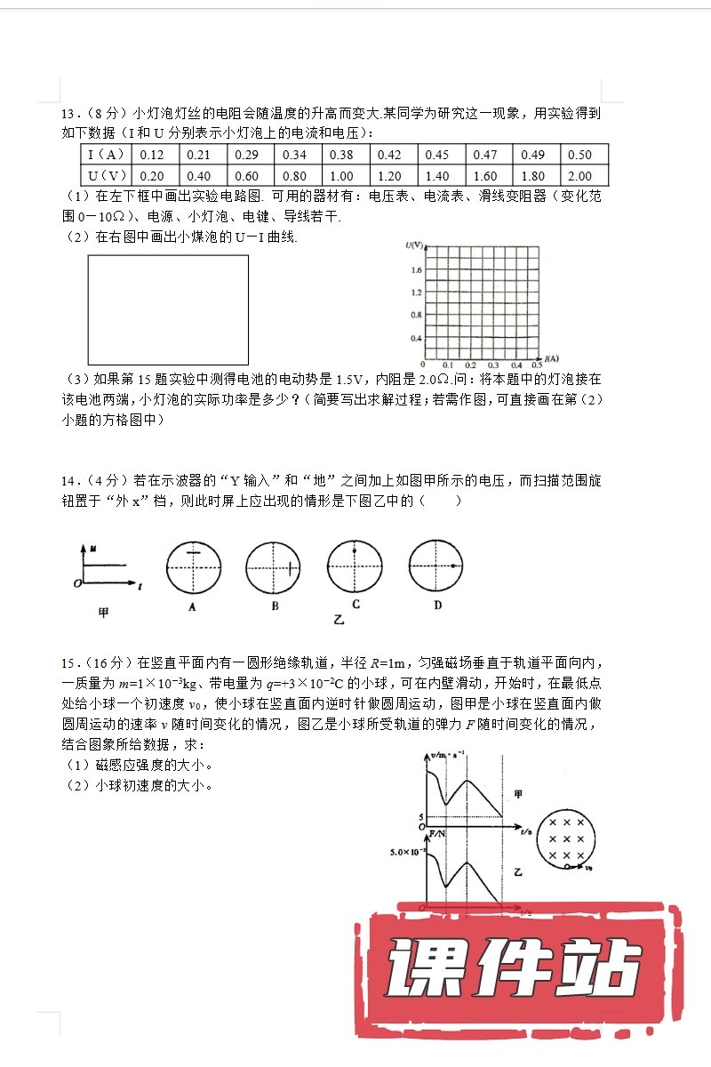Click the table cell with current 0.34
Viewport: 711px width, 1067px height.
294,155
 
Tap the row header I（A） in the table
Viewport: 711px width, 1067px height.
105,155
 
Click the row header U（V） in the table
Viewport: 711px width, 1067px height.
105,176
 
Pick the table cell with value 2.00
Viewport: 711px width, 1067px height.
579,176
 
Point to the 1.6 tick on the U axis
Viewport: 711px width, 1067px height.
415,269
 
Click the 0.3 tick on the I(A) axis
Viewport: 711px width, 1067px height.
492,365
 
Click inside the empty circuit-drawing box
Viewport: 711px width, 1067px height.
168,309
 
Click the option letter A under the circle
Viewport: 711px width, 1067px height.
192,606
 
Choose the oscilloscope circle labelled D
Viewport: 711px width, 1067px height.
435,566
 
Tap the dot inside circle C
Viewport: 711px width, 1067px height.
355,552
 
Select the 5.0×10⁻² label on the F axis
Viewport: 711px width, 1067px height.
407,853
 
